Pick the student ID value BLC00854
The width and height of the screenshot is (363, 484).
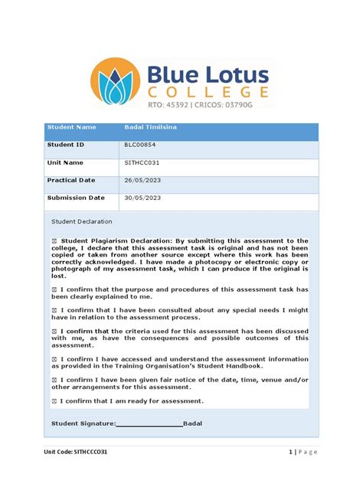coord(142,144)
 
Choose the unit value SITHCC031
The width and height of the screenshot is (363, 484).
coord(142,162)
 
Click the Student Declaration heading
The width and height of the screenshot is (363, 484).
coord(81,221)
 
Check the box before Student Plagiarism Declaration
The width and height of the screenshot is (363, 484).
coord(54,240)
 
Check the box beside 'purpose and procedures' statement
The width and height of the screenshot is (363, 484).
coord(54,289)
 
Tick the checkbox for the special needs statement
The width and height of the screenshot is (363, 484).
coord(54,310)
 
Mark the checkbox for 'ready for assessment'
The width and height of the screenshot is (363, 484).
coord(54,401)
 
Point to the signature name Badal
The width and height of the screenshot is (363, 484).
coord(193,423)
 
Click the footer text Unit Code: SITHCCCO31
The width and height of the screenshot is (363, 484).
coord(75,452)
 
